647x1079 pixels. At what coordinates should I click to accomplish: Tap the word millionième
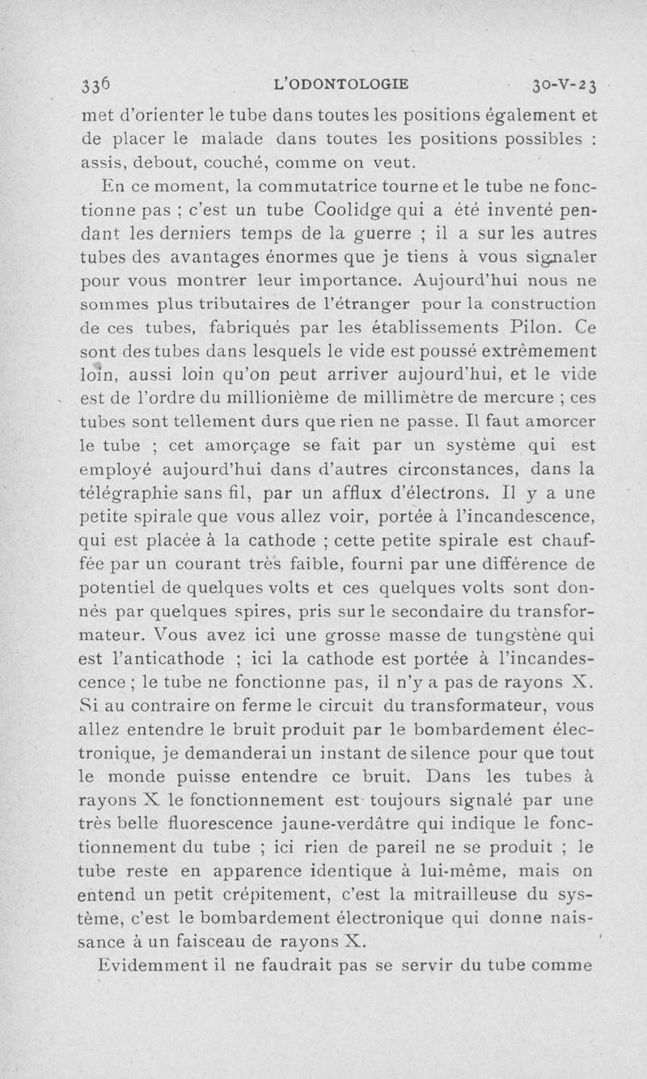(302, 396)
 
